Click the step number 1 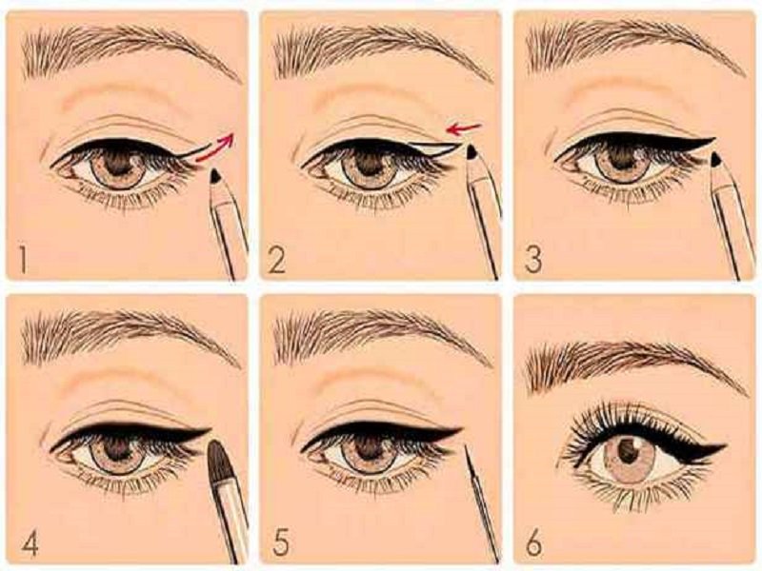23,260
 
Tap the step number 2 276,260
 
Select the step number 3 532,260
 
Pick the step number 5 280,544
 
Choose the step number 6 533,544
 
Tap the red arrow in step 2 464,129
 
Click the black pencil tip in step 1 216,177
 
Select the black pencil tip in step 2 471,152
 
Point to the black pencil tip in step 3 716,160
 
